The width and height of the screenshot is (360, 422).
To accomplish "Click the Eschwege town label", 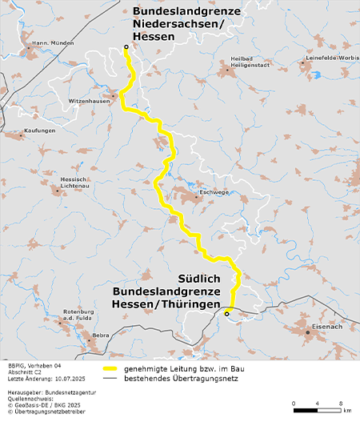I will click(x=214, y=192).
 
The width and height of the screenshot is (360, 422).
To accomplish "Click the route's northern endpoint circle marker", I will click(x=126, y=49).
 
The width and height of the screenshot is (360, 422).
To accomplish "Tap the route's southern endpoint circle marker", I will click(x=226, y=315).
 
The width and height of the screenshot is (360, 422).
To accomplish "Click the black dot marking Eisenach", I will click(x=306, y=331).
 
